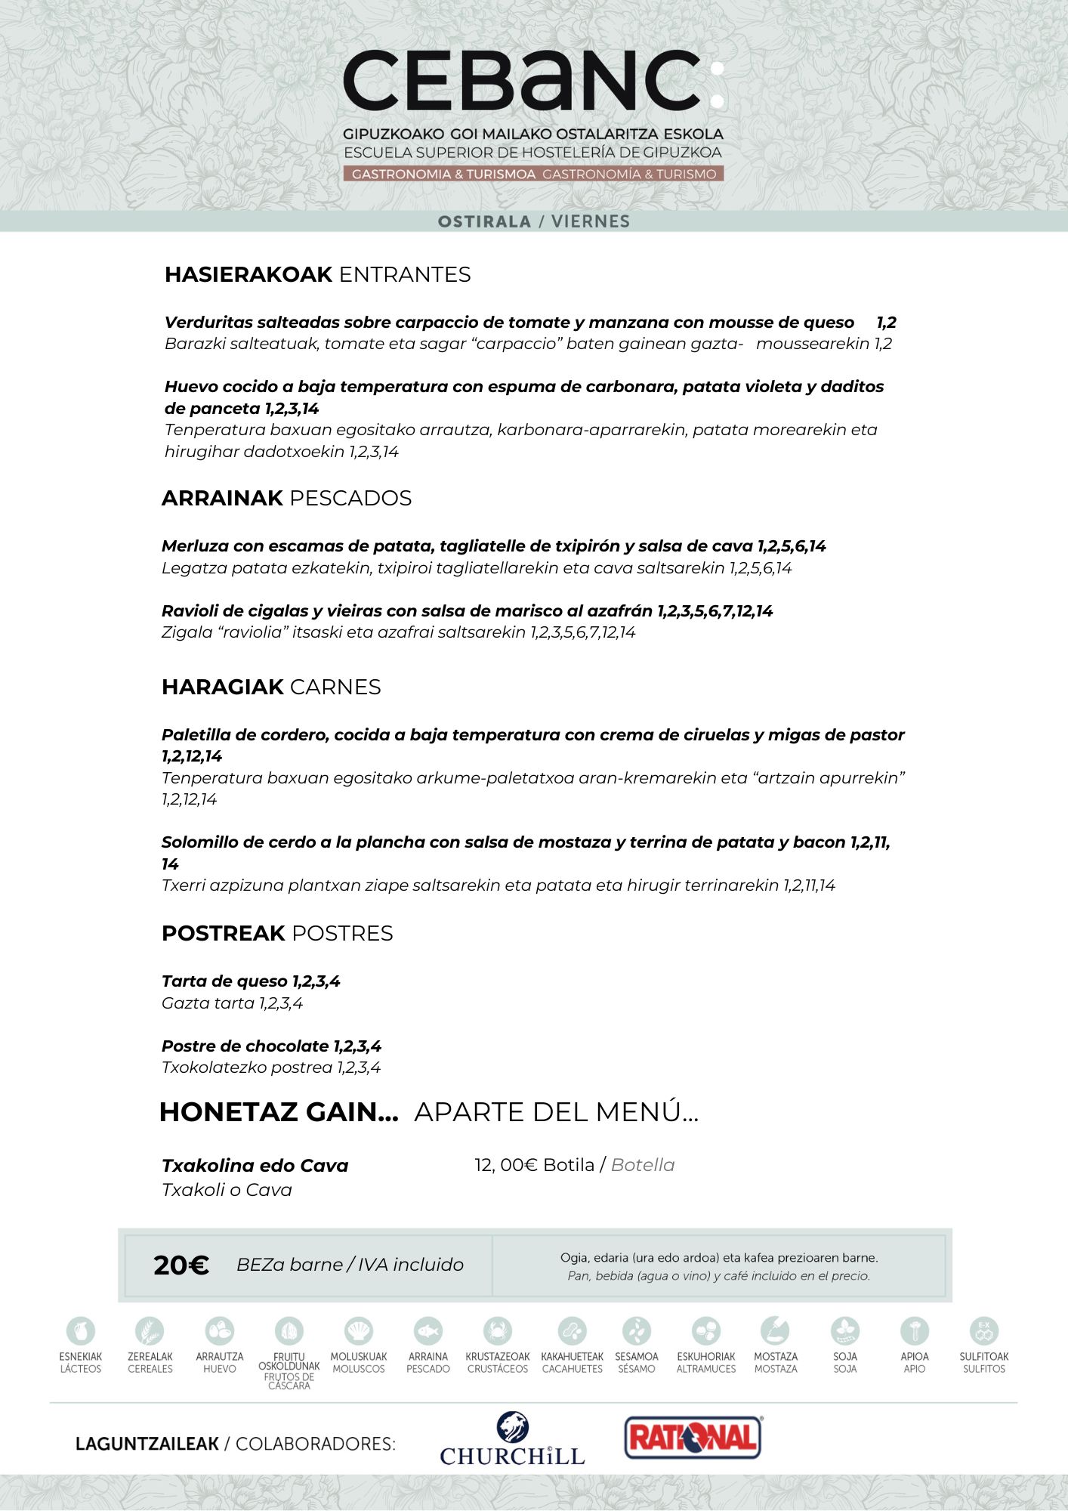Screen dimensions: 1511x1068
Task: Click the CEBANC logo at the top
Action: point(532,82)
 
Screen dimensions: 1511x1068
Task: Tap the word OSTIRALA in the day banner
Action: point(484,221)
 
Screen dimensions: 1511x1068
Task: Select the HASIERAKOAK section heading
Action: point(248,274)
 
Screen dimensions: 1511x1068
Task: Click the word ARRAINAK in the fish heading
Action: point(222,498)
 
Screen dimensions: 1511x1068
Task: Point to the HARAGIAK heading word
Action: point(222,687)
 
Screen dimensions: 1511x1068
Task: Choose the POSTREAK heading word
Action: point(223,933)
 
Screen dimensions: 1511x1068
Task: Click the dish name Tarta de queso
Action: point(225,981)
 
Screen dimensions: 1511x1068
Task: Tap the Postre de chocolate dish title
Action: point(245,1046)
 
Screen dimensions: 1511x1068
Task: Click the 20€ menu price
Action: point(181,1265)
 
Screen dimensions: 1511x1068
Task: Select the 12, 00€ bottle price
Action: point(506,1165)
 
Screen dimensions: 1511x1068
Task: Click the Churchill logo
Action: point(512,1440)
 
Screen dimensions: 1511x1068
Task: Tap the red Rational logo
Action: point(693,1437)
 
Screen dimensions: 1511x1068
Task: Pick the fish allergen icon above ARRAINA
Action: point(428,1330)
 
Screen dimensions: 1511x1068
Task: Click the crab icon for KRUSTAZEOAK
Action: point(497,1330)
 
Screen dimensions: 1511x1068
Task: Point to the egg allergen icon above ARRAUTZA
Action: point(220,1330)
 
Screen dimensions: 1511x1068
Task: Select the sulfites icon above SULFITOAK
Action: point(983,1330)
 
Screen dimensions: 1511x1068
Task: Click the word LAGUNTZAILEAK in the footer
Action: point(147,1444)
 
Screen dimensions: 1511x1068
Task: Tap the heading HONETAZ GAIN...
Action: point(279,1112)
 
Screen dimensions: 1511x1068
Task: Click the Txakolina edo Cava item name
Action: point(255,1166)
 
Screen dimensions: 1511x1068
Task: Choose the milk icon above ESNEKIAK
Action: point(81,1330)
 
